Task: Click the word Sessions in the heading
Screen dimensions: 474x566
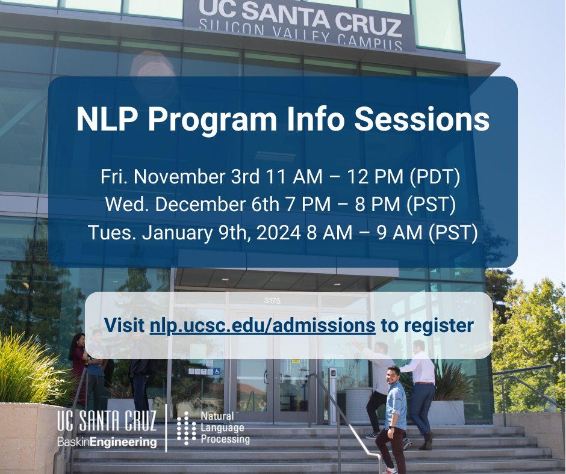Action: click(421, 120)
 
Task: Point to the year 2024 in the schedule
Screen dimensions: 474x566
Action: click(278, 232)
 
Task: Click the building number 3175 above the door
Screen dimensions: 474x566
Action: click(272, 300)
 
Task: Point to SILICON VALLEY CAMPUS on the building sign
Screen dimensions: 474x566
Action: click(300, 37)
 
